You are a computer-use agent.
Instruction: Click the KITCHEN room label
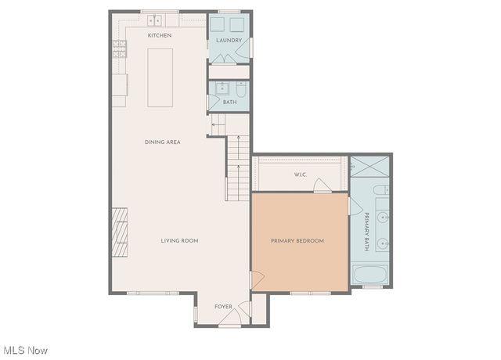click(160, 36)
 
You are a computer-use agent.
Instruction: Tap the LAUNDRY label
click(229, 41)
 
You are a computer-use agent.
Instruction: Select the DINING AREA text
click(162, 142)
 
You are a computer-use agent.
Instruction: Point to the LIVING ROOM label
click(179, 240)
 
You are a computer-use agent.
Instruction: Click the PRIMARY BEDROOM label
click(297, 240)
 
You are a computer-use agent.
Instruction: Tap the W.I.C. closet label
click(299, 174)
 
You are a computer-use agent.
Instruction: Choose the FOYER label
click(224, 306)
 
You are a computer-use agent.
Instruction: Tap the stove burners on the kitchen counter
click(120, 51)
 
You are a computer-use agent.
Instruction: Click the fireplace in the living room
click(119, 232)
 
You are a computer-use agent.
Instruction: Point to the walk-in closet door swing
click(321, 185)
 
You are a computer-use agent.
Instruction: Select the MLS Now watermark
click(25, 350)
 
